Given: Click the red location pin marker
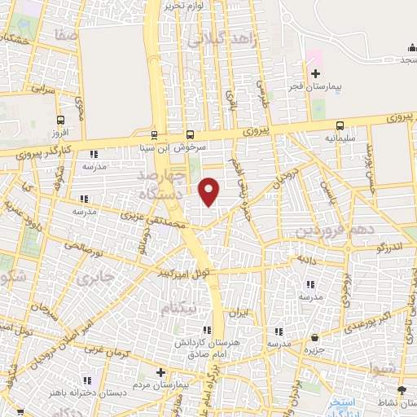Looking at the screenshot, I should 209,191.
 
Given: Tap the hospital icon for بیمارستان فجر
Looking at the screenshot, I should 315,74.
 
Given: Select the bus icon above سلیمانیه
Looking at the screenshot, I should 340,126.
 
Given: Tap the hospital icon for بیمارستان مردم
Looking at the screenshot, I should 148,371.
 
